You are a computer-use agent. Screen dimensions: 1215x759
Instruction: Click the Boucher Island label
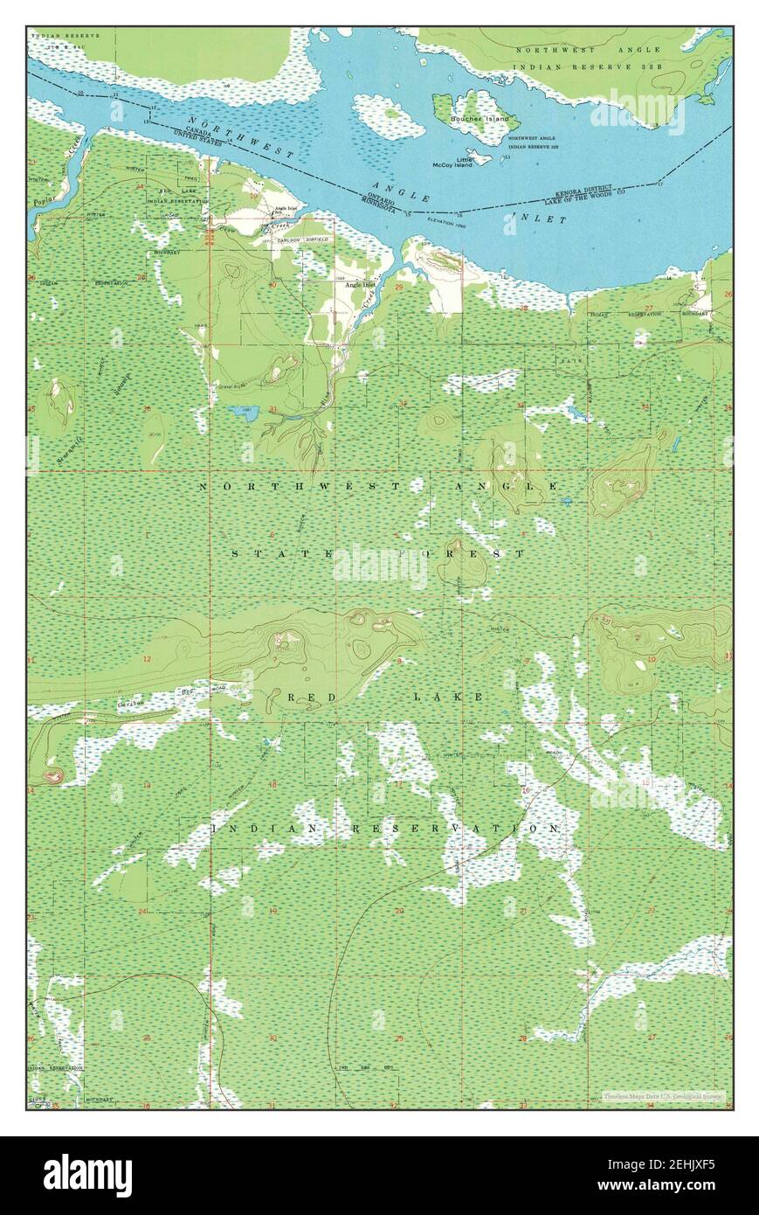tap(480, 119)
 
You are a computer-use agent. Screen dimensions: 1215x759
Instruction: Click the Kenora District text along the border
tap(584, 191)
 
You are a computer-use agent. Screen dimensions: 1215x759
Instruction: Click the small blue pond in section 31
tap(240, 410)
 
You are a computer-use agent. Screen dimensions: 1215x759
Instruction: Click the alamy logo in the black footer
tap(87, 1175)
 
